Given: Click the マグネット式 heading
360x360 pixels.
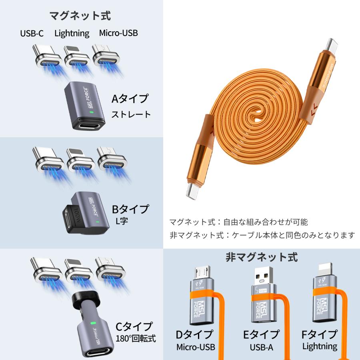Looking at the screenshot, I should tap(80, 16).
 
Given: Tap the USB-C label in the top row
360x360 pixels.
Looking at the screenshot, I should tap(32, 33).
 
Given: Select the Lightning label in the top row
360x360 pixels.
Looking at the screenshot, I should tap(72, 33).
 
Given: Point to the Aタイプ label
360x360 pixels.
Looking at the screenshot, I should tap(130, 98).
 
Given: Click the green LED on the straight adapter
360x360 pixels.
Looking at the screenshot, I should tap(92, 113).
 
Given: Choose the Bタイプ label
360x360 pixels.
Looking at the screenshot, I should tap(130, 209).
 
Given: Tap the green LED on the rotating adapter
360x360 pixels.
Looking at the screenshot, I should tap(93, 322).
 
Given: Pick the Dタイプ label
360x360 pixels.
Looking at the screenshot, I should tap(195, 334).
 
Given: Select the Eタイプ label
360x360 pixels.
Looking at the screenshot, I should tap(261, 334).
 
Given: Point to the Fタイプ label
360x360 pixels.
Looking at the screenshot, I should tap(320, 334).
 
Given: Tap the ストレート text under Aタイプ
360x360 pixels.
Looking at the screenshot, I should tap(131, 114).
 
